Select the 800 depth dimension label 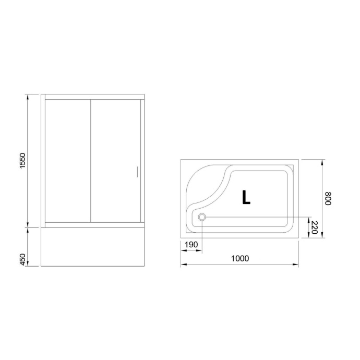click(328, 198)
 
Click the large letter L click(246, 197)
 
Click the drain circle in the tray click(202, 218)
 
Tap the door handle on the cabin click(136, 172)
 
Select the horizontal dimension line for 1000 click(239, 265)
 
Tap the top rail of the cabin click(93, 97)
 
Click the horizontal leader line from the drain click(256, 218)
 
